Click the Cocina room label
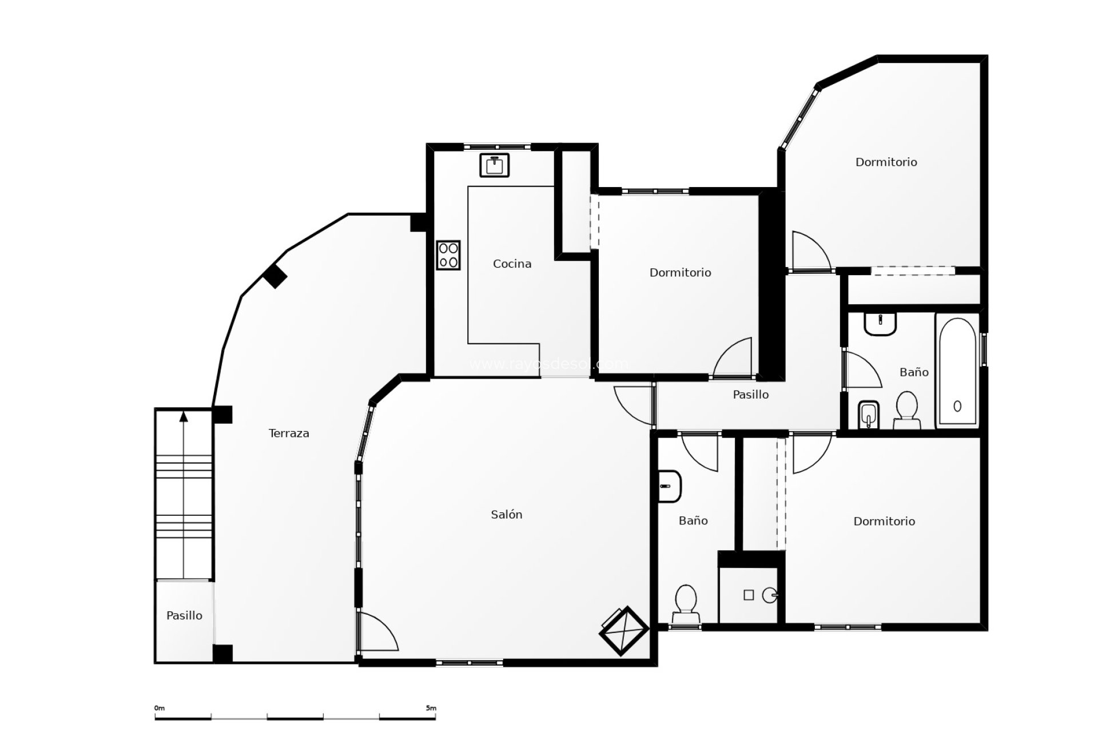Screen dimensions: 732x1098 (512, 264)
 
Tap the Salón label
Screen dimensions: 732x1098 (506, 515)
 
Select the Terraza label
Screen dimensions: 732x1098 (289, 433)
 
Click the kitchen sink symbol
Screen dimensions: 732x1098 (494, 165)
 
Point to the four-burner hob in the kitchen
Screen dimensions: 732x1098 (448, 255)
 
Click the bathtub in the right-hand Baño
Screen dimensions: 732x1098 (957, 371)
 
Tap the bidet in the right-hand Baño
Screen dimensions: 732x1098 (868, 415)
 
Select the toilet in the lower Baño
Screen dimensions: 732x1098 (686, 604)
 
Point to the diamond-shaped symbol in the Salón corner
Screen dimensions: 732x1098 (623, 631)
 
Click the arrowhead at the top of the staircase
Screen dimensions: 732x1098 (184, 416)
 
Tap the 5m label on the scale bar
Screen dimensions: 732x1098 (431, 708)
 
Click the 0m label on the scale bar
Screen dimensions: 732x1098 (159, 708)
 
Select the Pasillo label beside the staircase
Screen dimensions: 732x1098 (184, 616)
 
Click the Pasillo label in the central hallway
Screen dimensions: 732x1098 (750, 395)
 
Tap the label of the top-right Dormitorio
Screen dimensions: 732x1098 (886, 162)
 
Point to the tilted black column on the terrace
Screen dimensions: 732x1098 (275, 277)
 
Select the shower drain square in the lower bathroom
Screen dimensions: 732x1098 (749, 595)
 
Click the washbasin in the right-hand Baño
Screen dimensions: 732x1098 (880, 324)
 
